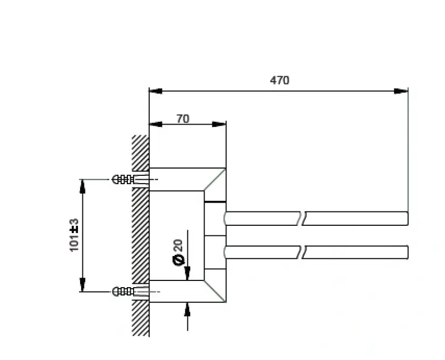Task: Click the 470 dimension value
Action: coord(280,80)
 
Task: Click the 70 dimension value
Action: coord(182,119)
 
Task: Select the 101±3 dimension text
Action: coord(75,235)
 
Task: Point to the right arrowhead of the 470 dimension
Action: coord(402,91)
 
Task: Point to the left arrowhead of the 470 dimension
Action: coord(155,91)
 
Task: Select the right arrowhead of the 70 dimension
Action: coord(220,124)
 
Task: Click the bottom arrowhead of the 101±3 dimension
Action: coord(82,285)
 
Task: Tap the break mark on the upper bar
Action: coord(304,218)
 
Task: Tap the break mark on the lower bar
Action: coord(304,252)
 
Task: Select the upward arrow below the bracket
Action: coord(187,309)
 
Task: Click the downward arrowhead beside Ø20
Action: coord(187,273)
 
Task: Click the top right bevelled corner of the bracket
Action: coord(215,179)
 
